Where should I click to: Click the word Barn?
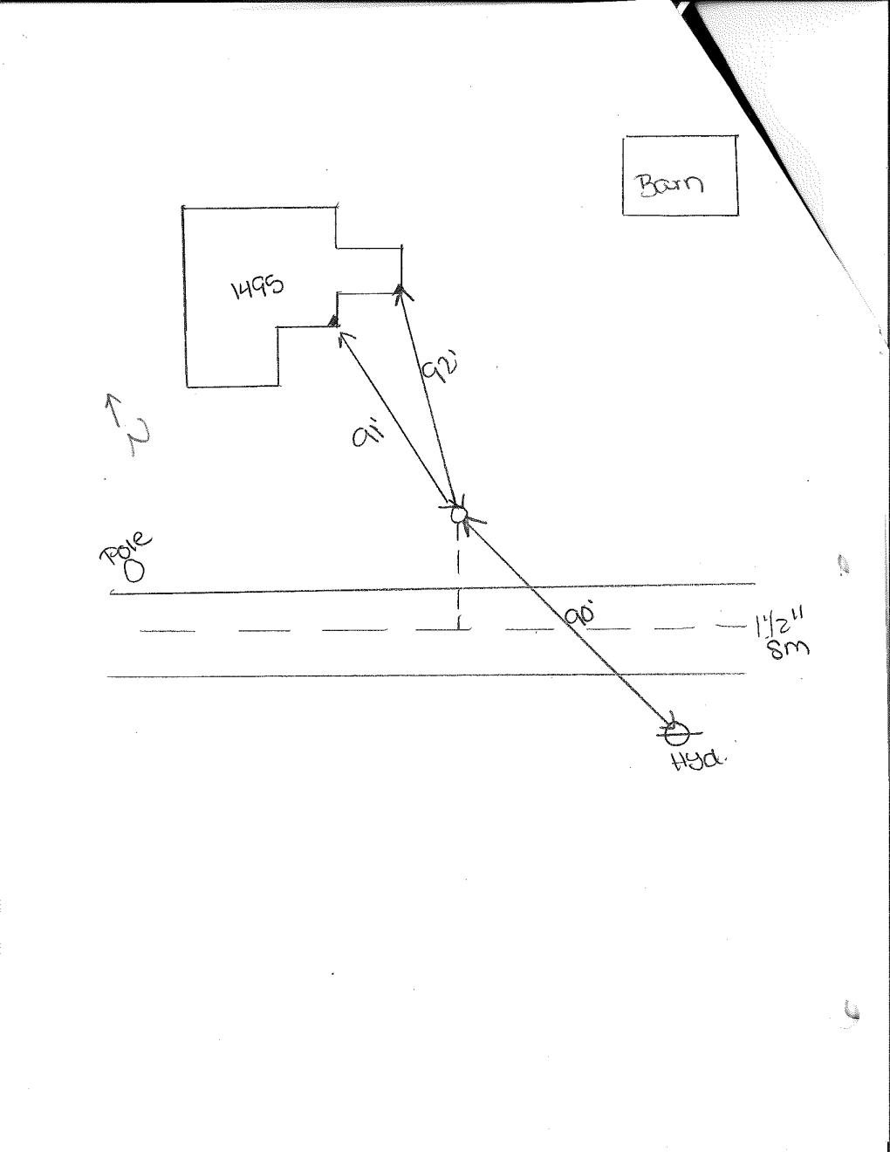click(670, 184)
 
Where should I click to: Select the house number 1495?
click(257, 286)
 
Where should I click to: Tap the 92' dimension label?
click(436, 370)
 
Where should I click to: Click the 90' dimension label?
click(579, 615)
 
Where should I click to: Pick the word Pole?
click(127, 548)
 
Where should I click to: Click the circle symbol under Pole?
click(134, 572)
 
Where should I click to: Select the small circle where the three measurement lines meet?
click(459, 515)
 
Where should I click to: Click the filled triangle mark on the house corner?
click(333, 321)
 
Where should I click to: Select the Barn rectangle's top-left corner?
click(624, 138)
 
